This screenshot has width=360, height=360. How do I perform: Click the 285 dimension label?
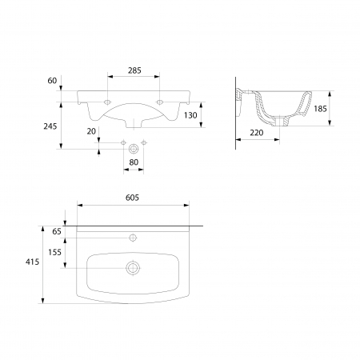point(134,70)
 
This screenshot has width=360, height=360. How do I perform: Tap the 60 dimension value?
point(52,81)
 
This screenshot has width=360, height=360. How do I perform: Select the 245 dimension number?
point(50,126)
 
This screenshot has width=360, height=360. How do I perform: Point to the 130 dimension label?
point(190,115)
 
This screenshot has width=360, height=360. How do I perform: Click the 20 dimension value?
point(91,131)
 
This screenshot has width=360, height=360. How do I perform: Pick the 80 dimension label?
point(134,162)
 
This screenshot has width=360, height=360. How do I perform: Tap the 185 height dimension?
point(320,109)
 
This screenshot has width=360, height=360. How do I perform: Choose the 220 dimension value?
point(257,133)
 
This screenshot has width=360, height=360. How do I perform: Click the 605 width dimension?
point(132,198)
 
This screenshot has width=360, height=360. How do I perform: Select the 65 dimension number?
point(57,231)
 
